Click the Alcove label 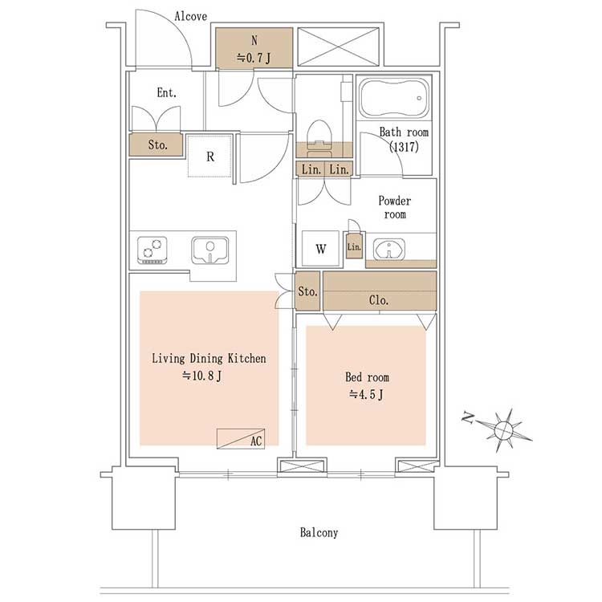click(190, 16)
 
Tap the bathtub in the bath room click(394, 97)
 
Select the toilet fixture click(319, 138)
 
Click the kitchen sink click(210, 250)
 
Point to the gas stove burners click(152, 250)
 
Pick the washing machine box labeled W click(320, 248)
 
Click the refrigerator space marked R click(210, 156)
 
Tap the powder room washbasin click(389, 249)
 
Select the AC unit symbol click(241, 438)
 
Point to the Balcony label click(319, 532)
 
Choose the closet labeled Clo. click(380, 291)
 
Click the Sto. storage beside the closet click(307, 291)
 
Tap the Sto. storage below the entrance click(156, 144)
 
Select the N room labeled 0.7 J click(254, 48)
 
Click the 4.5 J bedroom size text click(366, 394)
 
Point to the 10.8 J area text click(202, 376)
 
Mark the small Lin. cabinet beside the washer click(354, 246)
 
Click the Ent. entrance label click(167, 92)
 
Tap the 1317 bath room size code click(404, 147)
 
